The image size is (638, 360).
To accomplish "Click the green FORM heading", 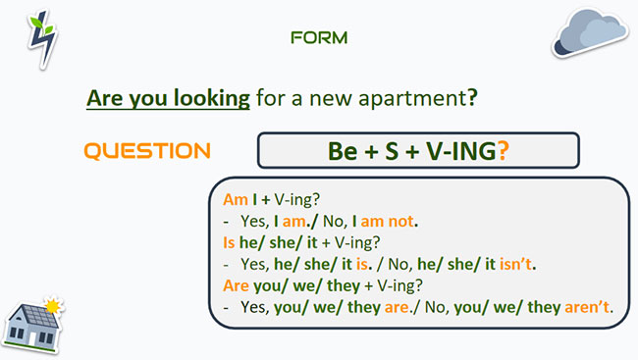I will [319, 38].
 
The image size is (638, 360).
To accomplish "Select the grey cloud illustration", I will [589, 30].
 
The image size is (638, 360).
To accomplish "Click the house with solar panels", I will [33, 325].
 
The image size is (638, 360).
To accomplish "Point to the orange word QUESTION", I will [147, 151].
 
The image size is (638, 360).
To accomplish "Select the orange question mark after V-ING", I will [503, 152].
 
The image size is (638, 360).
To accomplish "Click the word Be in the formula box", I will [343, 152].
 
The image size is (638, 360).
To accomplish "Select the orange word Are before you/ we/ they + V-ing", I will [237, 286].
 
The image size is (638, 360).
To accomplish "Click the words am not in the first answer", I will [384, 221].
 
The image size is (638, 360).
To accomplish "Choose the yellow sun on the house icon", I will [53, 307].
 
